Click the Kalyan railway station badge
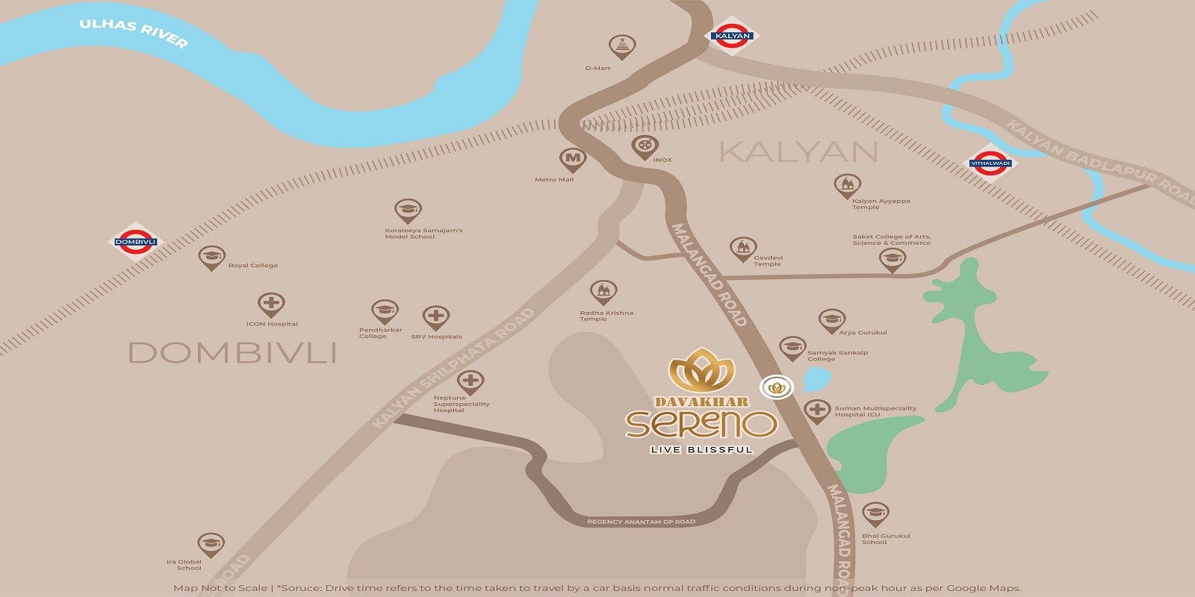pos(732,36)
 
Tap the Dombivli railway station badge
pos(135,242)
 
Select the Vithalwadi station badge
pos(990,163)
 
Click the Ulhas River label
pos(134,34)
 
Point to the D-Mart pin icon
pos(621,47)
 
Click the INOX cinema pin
pos(645,147)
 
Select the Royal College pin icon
pos(211,257)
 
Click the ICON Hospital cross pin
pos(270,304)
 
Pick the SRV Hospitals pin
pos(435,317)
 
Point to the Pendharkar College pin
pos(385,311)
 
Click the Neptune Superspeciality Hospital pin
pos(470,382)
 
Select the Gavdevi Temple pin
pos(742,249)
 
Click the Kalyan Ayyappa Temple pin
pos(847,185)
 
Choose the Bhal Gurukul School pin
pos(875,514)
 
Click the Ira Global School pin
pos(211,545)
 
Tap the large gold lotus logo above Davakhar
pos(701,371)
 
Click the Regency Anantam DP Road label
pos(641,522)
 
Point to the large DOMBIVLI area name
pos(232,352)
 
